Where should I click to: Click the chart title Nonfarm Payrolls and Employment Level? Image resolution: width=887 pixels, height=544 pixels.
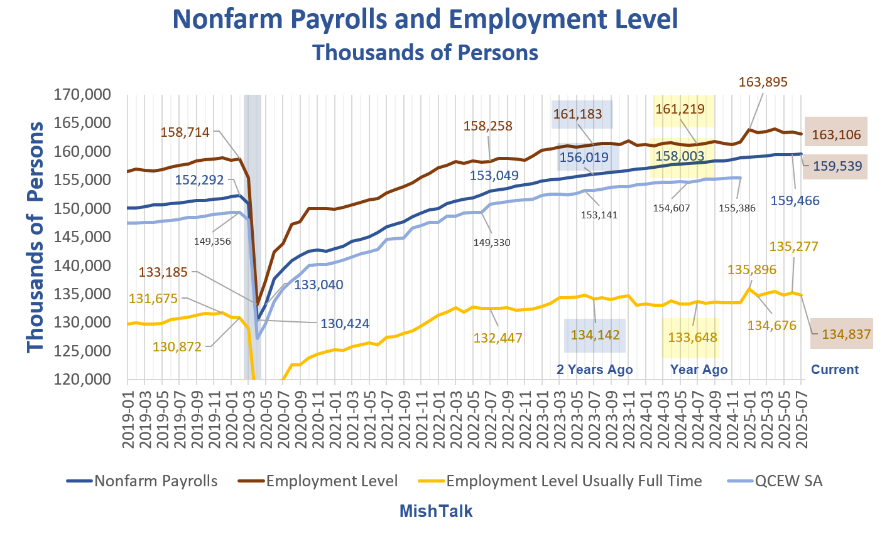[x=425, y=19]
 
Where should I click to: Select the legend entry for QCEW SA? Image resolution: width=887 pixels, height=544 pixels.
[x=788, y=481]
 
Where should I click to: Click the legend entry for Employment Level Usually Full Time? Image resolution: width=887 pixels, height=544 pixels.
[x=574, y=481]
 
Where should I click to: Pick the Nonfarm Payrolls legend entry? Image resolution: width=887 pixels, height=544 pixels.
[x=156, y=481]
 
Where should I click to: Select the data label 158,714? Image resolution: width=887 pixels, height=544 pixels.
[x=185, y=132]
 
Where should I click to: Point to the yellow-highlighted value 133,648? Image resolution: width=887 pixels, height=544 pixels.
[x=692, y=337]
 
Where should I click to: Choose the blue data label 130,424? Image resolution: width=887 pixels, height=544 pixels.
[x=345, y=324]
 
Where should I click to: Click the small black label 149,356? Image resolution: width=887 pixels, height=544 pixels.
[x=212, y=240]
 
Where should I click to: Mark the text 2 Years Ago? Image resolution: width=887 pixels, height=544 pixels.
[x=594, y=369]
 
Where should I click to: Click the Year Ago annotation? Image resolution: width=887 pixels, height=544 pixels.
[x=699, y=369]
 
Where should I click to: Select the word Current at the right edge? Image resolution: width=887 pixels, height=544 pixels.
[x=834, y=369]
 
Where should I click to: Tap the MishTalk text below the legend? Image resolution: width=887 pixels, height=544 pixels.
[x=436, y=511]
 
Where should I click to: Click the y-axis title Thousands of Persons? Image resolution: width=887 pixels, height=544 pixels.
[x=36, y=237]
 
